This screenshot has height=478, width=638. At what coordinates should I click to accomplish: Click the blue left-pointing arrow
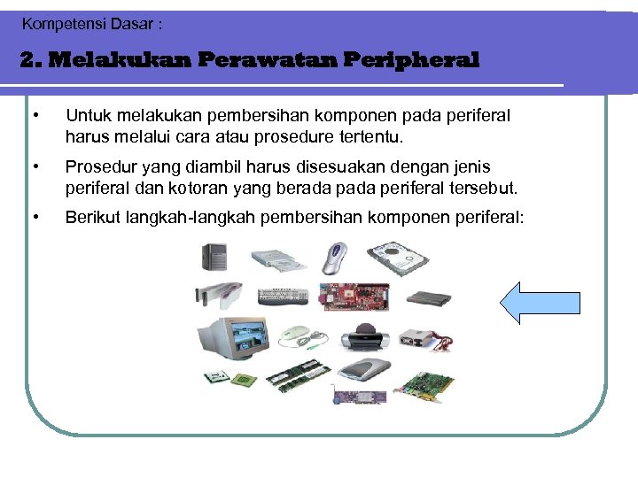pyautogui.click(x=540, y=303)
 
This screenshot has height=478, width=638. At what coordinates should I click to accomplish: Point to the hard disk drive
pyautogui.click(x=398, y=259)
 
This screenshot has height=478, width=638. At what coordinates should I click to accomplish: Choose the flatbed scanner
pyautogui.click(x=362, y=371)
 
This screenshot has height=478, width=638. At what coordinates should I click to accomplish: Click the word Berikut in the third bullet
pyautogui.click(x=91, y=216)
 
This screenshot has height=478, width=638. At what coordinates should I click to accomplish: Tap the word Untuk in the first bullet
pyautogui.click(x=85, y=116)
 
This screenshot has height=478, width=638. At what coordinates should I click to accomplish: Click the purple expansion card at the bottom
pyautogui.click(x=359, y=395)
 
